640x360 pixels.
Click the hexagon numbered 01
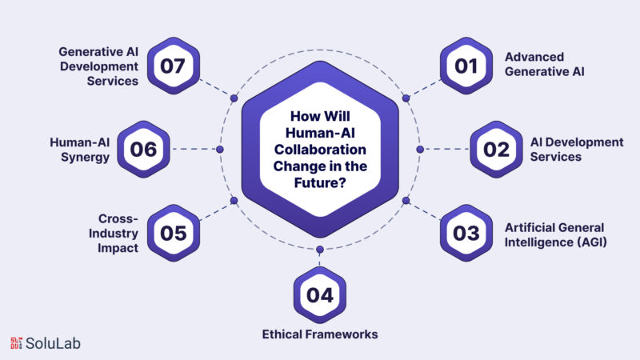tap(466, 66)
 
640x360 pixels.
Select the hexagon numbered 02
tap(496, 150)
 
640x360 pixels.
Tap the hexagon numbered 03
tap(466, 233)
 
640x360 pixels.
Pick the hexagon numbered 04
tap(320, 295)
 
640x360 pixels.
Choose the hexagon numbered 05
tap(174, 233)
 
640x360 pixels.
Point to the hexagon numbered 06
tap(144, 150)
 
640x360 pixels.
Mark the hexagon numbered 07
tap(174, 66)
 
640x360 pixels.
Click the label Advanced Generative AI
tap(545, 64)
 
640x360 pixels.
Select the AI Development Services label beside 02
tap(577, 150)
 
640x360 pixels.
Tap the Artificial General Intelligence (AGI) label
tap(555, 234)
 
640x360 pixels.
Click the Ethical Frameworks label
tap(320, 334)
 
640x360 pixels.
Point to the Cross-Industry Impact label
tap(114, 233)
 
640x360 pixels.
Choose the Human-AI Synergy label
tap(79, 150)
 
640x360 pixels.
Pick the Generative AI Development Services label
tap(98, 66)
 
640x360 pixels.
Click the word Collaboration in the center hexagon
tap(320, 150)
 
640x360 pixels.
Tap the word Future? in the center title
tap(320, 182)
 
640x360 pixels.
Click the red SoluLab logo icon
tap(16, 343)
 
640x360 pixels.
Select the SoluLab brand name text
tap(53, 343)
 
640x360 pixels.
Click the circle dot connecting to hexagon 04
tap(320, 250)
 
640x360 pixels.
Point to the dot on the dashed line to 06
tap(220, 150)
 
